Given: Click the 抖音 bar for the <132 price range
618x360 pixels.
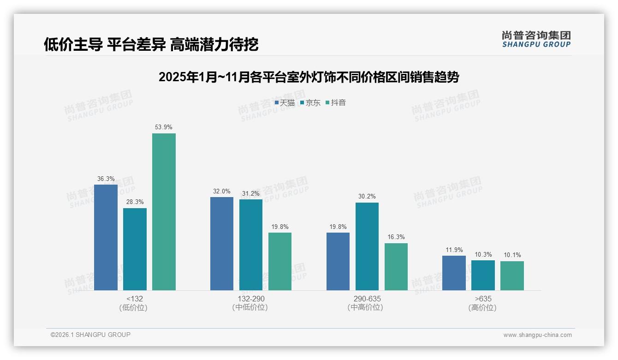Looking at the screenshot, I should coord(164,212).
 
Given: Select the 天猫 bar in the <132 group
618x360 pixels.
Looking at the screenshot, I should coord(106,237).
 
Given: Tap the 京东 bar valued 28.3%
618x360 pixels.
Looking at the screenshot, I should coord(135,249).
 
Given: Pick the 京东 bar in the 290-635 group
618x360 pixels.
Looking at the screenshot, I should coord(367,246).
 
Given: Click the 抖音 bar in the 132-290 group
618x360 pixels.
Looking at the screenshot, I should coord(280,261).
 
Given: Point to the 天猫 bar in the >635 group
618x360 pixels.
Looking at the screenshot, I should coord(454,273).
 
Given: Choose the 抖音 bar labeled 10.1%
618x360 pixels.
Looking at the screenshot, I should coord(512,276).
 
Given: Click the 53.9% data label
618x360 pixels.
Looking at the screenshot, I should coord(164,127).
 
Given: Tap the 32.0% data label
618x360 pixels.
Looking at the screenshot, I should coord(222,191).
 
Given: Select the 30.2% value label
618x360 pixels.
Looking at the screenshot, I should coord(367,197).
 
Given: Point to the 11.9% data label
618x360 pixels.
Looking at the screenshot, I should coord(454,250).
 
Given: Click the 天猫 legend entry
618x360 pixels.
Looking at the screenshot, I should coord(285,103).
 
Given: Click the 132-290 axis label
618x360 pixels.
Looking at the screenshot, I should coord(251,299).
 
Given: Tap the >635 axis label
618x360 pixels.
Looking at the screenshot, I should coord(483,299).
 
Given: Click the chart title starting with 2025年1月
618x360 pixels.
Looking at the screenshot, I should coord(309,77).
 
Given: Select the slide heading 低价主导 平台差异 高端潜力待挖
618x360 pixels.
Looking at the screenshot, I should coord(151,44).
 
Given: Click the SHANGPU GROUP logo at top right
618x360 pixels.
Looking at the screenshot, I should coord(536,39).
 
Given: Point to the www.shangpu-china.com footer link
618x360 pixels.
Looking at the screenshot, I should coord(537,335).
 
